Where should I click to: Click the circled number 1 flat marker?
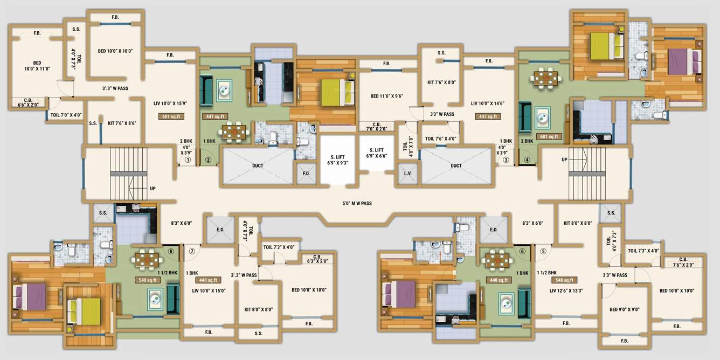click(x=188, y=160)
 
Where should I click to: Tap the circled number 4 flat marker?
click(x=528, y=160)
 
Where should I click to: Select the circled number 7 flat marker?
click(x=191, y=251)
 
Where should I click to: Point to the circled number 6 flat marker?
click(x=522, y=251)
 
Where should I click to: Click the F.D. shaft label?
click(x=306, y=174)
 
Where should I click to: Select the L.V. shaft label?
click(x=407, y=174)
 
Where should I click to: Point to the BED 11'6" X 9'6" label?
click(x=387, y=96)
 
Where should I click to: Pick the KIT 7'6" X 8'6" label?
click(x=122, y=123)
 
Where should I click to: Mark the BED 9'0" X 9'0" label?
click(x=624, y=309)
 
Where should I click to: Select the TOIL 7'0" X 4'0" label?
click(x=66, y=115)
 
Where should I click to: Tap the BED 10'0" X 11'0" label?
click(x=37, y=65)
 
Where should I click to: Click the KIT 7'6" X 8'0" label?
click(x=441, y=82)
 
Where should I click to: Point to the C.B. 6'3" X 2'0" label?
click(x=317, y=259)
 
